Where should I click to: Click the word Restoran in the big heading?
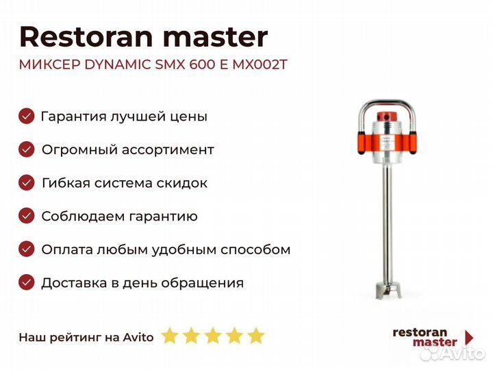(x=86, y=37)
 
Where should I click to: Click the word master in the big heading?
(x=216, y=37)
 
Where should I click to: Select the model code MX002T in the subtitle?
(x=260, y=65)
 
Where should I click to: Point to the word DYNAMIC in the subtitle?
(x=118, y=65)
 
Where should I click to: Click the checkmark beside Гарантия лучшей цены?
(x=27, y=116)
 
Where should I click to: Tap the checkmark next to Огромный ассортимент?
(x=27, y=149)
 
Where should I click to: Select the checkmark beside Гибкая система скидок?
(x=27, y=183)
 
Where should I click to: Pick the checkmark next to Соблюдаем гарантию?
(x=27, y=216)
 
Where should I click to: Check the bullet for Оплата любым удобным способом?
(x=27, y=249)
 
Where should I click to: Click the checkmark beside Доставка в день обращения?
(x=27, y=282)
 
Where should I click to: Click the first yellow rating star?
(x=170, y=336)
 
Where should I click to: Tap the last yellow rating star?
(x=256, y=336)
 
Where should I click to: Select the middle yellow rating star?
(x=213, y=336)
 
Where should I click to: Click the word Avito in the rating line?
(x=138, y=338)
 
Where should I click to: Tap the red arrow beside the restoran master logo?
(x=469, y=337)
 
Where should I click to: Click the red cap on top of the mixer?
(x=388, y=116)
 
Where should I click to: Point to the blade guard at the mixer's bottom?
(x=389, y=290)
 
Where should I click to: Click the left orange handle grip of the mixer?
(x=362, y=143)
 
